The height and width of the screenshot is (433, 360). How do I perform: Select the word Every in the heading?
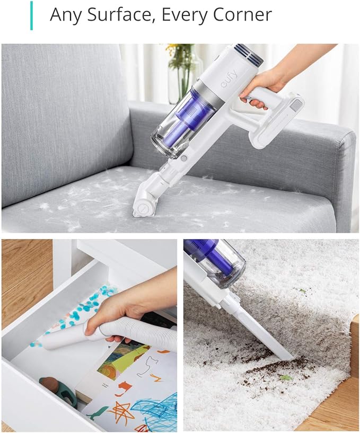click(185, 15)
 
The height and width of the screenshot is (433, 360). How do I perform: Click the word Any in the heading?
click(66, 15)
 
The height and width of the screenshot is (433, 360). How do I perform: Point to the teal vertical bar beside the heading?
click(31, 15)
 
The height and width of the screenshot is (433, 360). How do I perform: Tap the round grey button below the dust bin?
click(183, 158)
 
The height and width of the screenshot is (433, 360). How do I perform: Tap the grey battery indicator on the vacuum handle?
click(297, 105)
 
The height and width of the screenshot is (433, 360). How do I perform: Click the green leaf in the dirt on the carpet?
click(286, 377)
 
